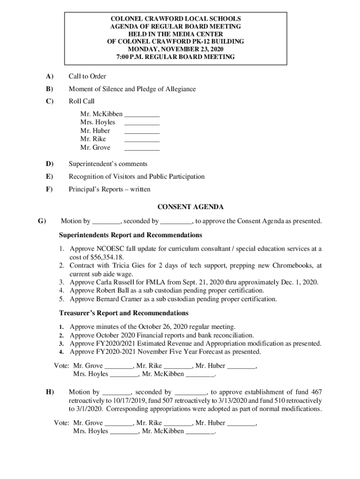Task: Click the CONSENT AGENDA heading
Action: coord(190,207)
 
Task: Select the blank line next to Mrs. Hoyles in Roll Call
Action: coord(142,123)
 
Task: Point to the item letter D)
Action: coord(49,164)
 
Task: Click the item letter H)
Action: coord(49,392)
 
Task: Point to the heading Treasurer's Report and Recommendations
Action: coord(124,312)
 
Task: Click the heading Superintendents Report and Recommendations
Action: coord(130,234)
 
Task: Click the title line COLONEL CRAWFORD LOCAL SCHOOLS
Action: coord(175,19)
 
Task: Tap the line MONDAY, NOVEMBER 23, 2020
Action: coord(175,49)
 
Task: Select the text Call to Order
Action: coord(87,76)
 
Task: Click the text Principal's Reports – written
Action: coord(109,189)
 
